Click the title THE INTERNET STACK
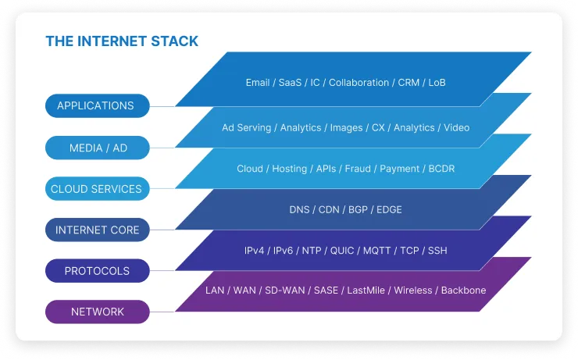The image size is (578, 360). pos(122,41)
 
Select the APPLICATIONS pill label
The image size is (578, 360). pos(98,105)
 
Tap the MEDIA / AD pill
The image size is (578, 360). pos(98,148)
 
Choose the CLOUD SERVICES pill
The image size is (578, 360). pos(98,189)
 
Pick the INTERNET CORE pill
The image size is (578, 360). pos(98,230)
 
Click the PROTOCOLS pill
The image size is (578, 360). pos(98,271)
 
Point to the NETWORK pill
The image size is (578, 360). pos(98,312)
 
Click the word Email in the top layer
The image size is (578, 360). pos(258,83)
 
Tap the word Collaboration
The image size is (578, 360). pos(359,83)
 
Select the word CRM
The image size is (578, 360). pos(409,83)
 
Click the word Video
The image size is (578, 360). pos(456,128)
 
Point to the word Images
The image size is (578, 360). pos(346,128)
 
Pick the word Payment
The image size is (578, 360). pos(400,169)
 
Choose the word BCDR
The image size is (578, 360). pos(441,169)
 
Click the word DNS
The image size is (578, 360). pos(299,209)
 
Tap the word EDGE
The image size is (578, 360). pos(389,209)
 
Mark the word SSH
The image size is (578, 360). pos(437,251)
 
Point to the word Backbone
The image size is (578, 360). pos(463,290)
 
